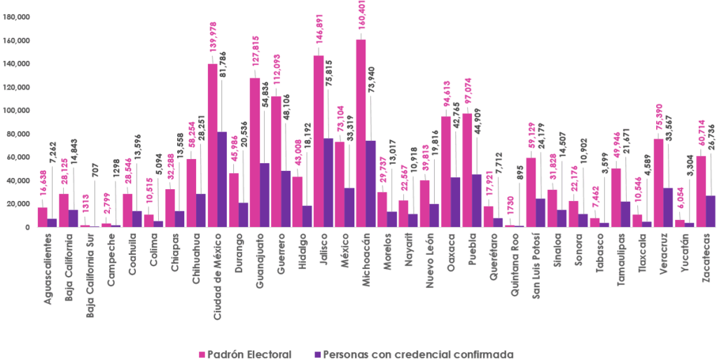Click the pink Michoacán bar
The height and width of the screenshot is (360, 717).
click(x=361, y=133)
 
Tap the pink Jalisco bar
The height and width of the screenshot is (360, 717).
click(x=319, y=141)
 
